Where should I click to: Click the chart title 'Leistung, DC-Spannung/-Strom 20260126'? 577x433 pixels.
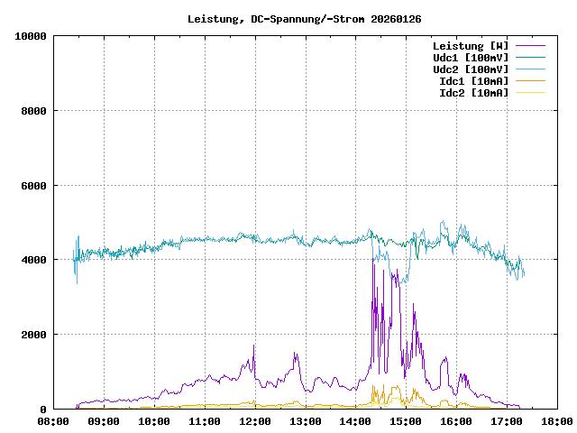(305, 18)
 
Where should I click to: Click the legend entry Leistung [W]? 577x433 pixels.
(470, 46)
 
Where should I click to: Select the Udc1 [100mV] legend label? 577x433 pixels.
(470, 58)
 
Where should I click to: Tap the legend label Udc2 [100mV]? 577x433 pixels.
(470, 69)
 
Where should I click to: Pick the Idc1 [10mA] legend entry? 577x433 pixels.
(473, 81)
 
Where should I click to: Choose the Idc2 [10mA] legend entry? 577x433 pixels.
(473, 93)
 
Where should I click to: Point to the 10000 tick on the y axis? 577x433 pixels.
(31, 36)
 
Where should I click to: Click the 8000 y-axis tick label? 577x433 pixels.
(33, 111)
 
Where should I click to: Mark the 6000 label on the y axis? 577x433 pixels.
(33, 186)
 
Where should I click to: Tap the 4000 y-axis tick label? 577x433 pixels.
(33, 260)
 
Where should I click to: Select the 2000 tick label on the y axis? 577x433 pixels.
(33, 335)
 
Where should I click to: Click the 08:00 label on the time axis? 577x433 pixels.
(53, 421)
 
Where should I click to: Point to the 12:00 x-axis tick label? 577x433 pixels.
(255, 421)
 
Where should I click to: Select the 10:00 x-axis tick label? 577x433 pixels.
(154, 421)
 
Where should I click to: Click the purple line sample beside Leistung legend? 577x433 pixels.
(530, 46)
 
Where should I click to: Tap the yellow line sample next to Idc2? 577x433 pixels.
(530, 93)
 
